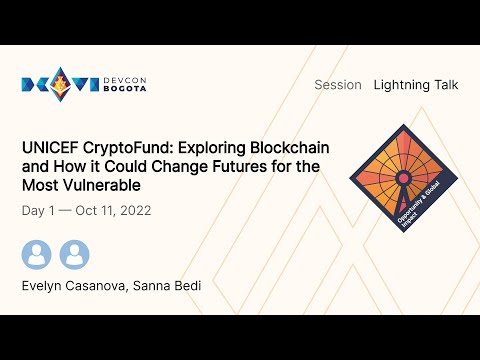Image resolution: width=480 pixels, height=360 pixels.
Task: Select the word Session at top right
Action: (x=337, y=85)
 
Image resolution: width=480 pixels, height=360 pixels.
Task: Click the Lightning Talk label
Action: (x=416, y=85)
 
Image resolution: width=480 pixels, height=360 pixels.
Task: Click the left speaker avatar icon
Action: (x=37, y=254)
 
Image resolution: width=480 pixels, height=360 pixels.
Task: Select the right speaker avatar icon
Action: (x=74, y=254)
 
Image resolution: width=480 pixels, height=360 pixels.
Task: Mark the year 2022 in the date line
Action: (x=140, y=212)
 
